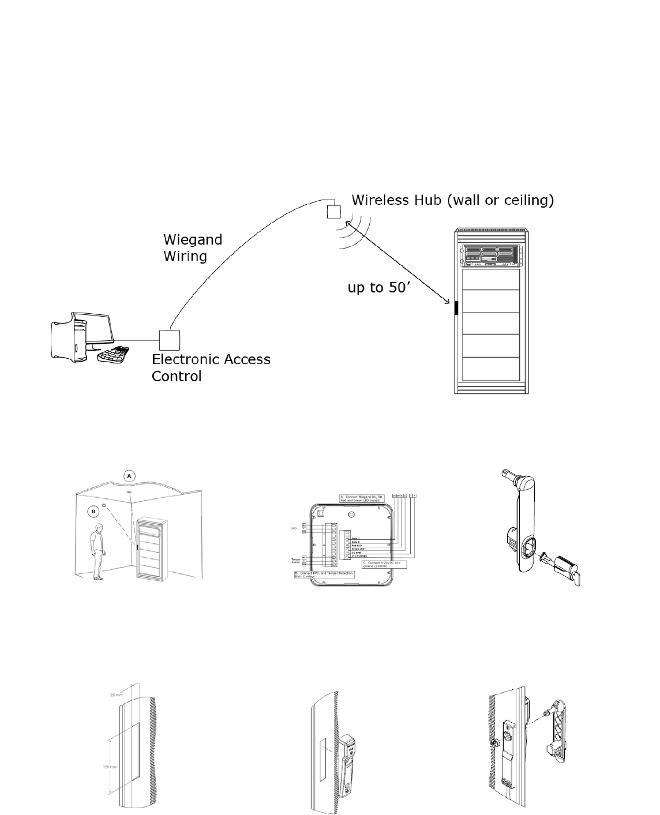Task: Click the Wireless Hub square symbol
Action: pyautogui.click(x=335, y=211)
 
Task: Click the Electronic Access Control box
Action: pyautogui.click(x=170, y=340)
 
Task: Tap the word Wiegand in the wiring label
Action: pyautogui.click(x=193, y=239)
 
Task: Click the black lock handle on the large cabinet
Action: pyautogui.click(x=456, y=307)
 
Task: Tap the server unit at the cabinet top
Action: pyautogui.click(x=490, y=256)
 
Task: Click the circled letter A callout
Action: pyautogui.click(x=130, y=475)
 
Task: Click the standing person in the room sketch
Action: pyautogui.click(x=99, y=551)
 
